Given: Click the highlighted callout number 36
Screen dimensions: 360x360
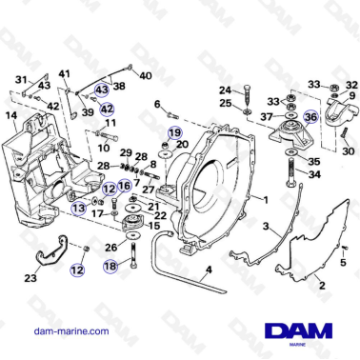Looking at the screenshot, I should [309, 116].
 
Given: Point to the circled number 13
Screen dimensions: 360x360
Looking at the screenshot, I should [76, 206].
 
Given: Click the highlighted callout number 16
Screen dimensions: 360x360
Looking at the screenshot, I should [125, 187].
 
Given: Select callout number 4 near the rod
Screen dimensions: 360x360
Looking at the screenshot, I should [208, 270].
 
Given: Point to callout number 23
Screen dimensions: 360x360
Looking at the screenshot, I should [30, 279].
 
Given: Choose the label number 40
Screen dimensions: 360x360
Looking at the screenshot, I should [145, 76].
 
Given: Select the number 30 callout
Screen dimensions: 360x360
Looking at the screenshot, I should [347, 150].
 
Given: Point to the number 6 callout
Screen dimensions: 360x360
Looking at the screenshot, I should [157, 104].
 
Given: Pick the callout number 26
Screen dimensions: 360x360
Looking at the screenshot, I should [111, 248].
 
